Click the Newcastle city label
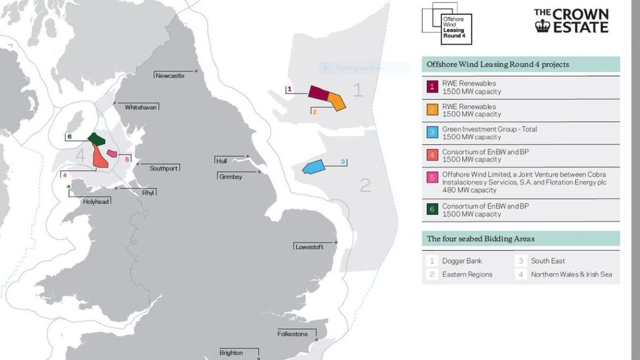[170, 76]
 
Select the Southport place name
[164, 169]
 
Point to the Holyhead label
[97, 202]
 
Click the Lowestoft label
[309, 247]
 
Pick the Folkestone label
[292, 334]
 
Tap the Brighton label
[231, 353]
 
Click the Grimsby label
[230, 177]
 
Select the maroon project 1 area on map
[318, 92]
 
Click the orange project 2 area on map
[337, 100]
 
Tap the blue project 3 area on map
[313, 166]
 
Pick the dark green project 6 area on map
[96, 139]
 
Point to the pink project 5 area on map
[112, 154]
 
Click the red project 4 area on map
[99, 157]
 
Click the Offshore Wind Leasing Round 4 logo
[446, 23]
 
